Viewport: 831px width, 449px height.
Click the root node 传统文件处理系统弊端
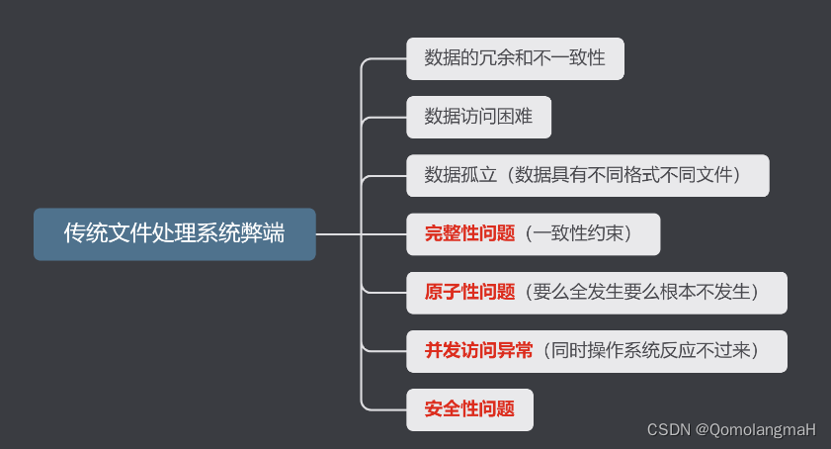[174, 234]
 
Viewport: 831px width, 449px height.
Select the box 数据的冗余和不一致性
[514, 58]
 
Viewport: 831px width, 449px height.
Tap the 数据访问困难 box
[478, 117]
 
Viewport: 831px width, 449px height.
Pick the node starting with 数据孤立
[587, 175]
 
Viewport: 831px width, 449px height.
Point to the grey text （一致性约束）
[578, 234]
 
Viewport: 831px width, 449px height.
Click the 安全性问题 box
[469, 408]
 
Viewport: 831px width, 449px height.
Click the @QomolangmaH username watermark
[756, 429]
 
